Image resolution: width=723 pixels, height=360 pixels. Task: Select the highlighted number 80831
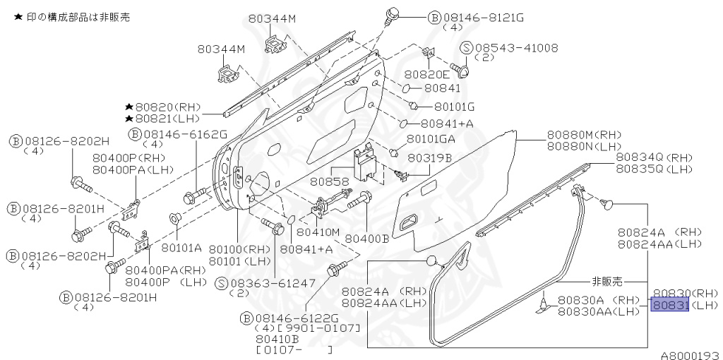[x=668, y=305]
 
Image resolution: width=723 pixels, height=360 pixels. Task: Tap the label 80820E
[x=426, y=73]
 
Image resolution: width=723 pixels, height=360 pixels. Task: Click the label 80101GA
[x=431, y=138]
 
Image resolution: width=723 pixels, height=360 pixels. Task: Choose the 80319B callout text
[x=429, y=158]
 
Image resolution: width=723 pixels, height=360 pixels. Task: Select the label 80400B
[x=366, y=239]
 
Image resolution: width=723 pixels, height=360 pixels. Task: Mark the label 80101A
[x=181, y=248]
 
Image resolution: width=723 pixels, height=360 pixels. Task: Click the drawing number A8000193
[x=690, y=354]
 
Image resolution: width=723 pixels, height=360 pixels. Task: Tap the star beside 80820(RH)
[x=129, y=106]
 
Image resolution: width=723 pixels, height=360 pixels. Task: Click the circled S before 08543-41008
[x=466, y=48]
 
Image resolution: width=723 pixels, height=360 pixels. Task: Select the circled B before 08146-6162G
[x=135, y=134]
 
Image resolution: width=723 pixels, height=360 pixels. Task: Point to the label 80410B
[x=275, y=339]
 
